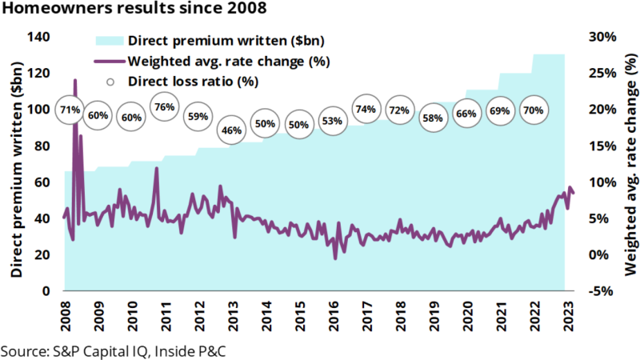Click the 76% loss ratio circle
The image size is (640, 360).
(165, 107)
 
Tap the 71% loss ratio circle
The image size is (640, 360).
(68, 110)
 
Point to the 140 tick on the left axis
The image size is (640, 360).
(39, 38)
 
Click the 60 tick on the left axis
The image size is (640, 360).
(42, 182)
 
